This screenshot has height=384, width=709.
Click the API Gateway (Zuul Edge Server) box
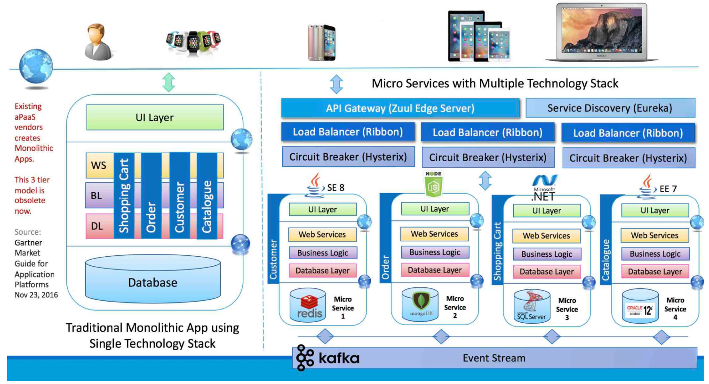[x=400, y=108]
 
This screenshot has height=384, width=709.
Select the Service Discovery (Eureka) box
[x=610, y=108]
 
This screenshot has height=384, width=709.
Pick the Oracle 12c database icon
[x=640, y=307]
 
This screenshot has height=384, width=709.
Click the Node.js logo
[x=433, y=184]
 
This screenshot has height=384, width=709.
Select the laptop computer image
[x=602, y=33]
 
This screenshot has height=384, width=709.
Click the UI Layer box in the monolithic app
[x=155, y=117]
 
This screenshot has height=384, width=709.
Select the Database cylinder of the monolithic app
[x=153, y=282]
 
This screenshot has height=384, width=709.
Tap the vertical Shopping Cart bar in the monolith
[x=124, y=195]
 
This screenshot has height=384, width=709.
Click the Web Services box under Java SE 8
[x=322, y=234]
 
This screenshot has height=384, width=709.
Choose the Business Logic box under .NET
[x=547, y=254]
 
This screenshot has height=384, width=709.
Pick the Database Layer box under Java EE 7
[x=654, y=271]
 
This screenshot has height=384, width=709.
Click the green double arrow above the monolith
[x=168, y=82]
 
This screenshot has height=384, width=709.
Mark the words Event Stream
[x=494, y=358]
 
